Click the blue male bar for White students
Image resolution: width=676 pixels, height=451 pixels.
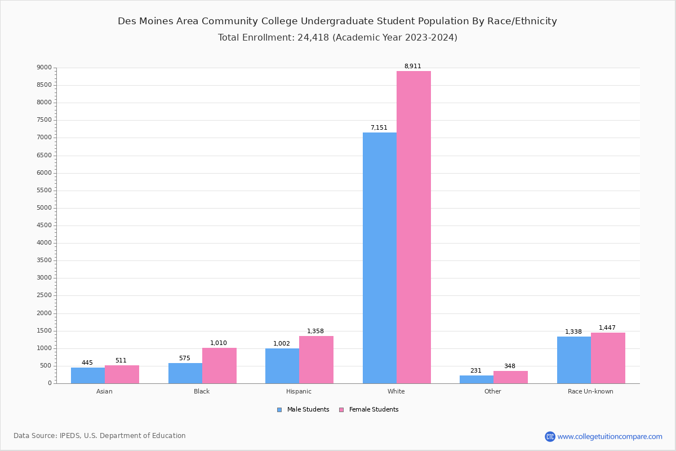pos(380,258)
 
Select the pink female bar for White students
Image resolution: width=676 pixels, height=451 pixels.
pos(413,227)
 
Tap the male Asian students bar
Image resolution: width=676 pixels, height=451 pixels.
pos(88,375)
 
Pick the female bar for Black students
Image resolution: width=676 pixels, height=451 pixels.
pos(219,365)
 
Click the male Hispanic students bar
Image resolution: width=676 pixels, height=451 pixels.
pos(282,366)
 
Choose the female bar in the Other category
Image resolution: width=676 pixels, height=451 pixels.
pos(510,377)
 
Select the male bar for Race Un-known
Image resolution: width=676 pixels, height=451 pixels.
pos(574,360)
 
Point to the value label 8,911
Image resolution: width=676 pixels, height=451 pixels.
pos(412,67)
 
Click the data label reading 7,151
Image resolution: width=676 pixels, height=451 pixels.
pos(379,128)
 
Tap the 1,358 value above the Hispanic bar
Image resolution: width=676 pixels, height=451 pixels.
pos(315,331)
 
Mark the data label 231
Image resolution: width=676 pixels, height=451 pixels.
pos(476,371)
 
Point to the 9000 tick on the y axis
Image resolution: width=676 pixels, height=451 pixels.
pos(44,68)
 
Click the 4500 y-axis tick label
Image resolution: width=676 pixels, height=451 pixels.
pos(44,225)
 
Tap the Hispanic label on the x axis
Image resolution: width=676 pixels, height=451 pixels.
pos(299,391)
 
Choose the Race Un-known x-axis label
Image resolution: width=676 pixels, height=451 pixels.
pos(590,391)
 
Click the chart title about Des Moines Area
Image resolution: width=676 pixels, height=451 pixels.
pos(337,21)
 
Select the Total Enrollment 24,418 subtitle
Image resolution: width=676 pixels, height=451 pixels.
pos(337,38)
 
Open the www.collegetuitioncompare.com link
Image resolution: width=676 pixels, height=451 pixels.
pos(610,436)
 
